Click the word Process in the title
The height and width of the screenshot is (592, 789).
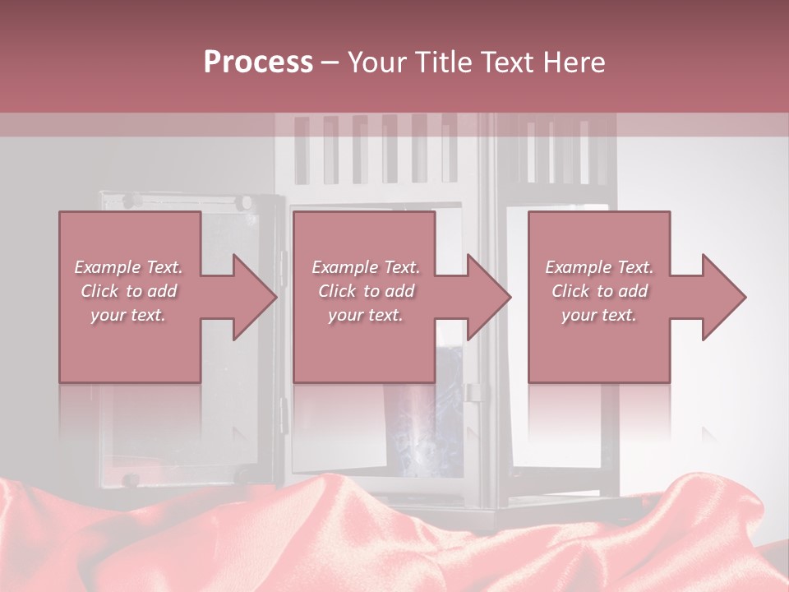coord(258,62)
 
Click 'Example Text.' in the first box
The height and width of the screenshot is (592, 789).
coord(128,267)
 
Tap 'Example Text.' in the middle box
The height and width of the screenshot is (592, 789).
coord(365,267)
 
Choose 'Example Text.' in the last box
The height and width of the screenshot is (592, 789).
coord(599,267)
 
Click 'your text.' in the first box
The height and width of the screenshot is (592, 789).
coord(128,315)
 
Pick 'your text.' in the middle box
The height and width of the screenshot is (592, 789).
coord(365,315)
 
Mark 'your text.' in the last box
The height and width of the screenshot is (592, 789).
coord(599,315)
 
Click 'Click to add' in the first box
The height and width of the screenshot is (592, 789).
coord(128,291)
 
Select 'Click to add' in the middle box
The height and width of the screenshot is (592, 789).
coord(365,291)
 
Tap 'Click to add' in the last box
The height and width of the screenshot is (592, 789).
coord(599,291)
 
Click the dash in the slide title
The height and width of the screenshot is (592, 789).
coord(330,63)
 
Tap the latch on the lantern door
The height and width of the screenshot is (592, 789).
coord(473,392)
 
